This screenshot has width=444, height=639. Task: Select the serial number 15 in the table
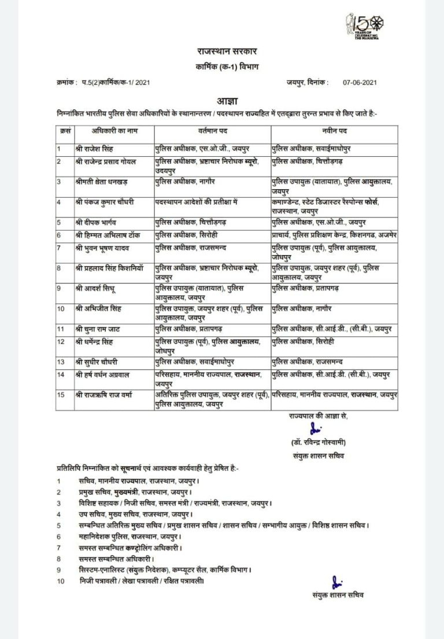point(61,396)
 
